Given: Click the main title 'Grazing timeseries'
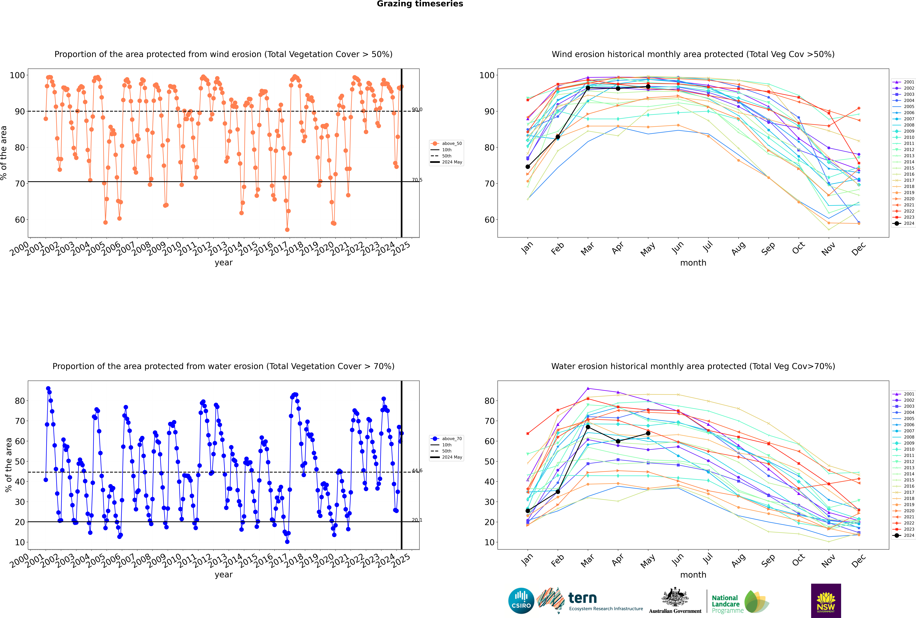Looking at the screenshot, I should coord(420,4).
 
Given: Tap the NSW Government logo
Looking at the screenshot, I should coord(826,601).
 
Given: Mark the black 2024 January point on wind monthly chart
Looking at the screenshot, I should coord(528,167).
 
